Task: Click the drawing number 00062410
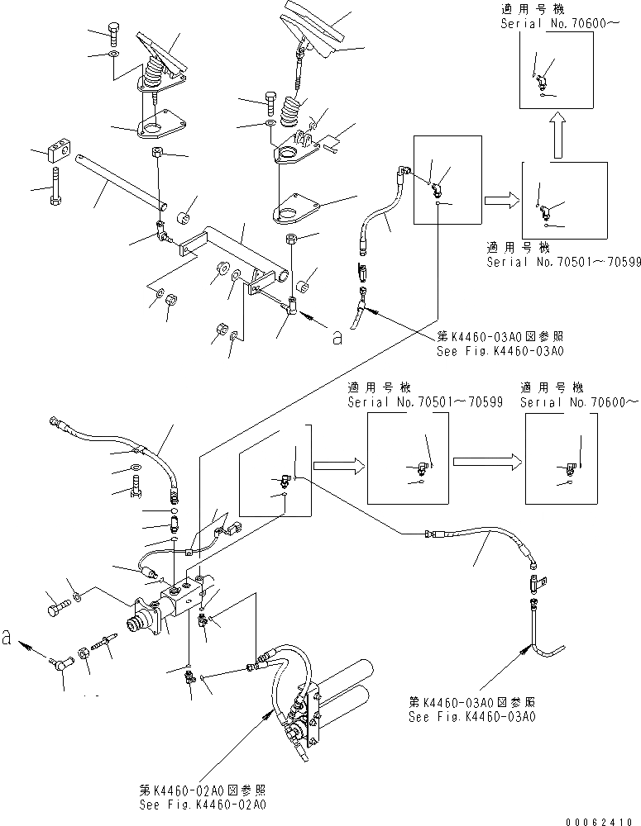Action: [x=600, y=822]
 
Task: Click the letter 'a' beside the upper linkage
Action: [x=337, y=338]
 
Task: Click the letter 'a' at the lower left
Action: [x=7, y=638]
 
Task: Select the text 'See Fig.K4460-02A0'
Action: [x=203, y=805]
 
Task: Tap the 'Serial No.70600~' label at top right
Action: [x=560, y=23]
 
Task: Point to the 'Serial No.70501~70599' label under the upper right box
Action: [x=563, y=262]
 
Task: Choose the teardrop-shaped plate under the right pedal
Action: [x=296, y=209]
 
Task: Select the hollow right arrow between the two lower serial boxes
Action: [x=487, y=462]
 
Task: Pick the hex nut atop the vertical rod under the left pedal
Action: [x=158, y=152]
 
